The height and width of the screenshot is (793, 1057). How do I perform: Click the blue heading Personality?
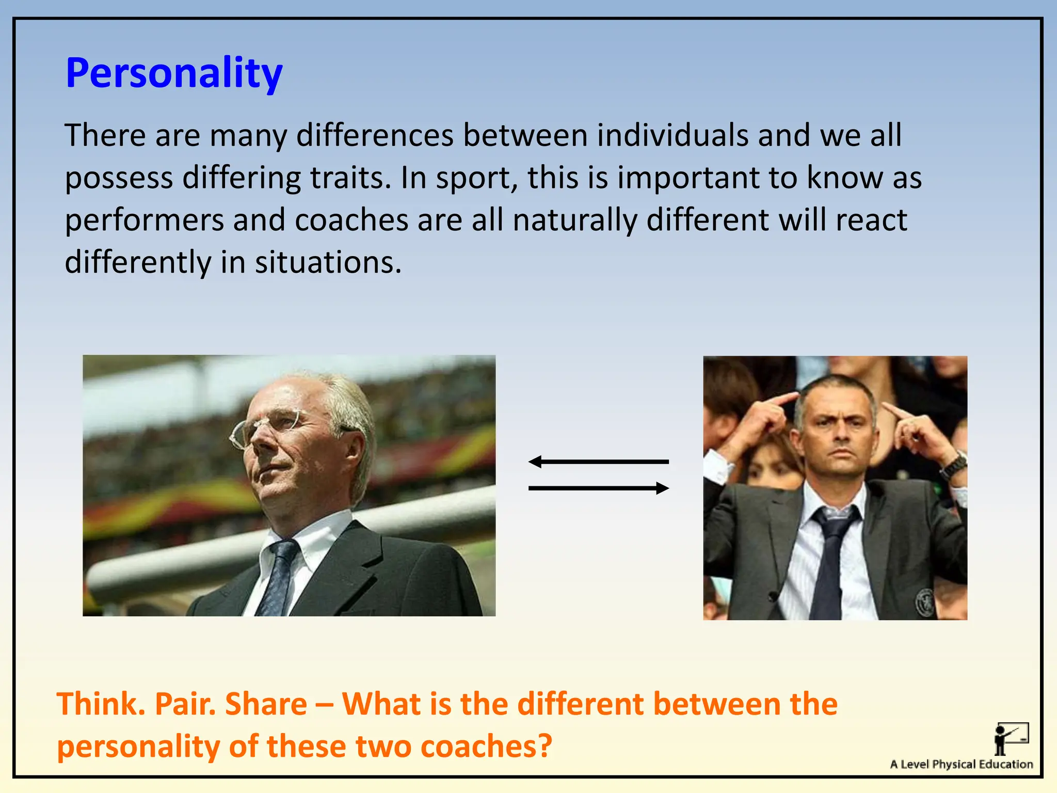pos(174,73)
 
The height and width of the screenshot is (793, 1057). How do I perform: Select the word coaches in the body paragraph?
pos(351,220)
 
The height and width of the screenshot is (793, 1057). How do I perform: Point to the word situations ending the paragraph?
pos(328,262)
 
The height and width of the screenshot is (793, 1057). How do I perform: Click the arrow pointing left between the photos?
pos(598,462)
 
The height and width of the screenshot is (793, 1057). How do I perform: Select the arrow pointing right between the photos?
pos(599,488)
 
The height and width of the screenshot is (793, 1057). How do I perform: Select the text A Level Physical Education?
pos(961,764)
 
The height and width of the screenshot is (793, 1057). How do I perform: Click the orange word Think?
pos(101,704)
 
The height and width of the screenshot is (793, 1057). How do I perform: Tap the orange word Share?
pos(266,704)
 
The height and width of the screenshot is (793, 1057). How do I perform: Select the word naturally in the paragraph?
pos(574,220)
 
